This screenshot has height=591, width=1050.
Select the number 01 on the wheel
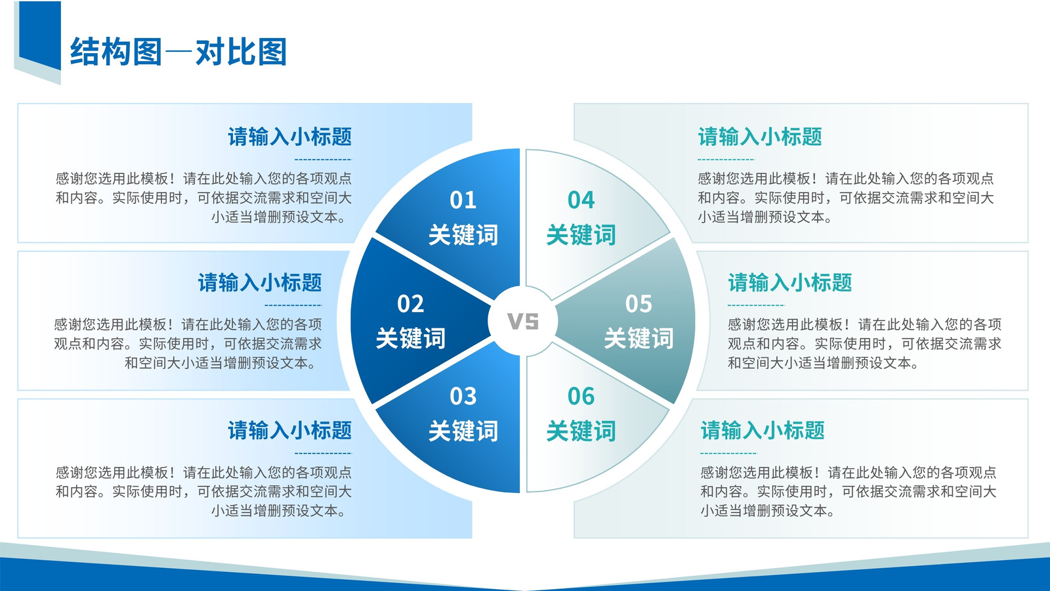(x=463, y=200)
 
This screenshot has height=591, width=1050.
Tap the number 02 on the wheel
(x=410, y=304)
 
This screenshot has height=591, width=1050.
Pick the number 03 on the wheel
(x=463, y=397)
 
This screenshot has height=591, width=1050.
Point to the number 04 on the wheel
(x=581, y=200)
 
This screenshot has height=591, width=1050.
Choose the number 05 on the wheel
(x=639, y=304)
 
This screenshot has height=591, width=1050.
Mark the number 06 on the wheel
(x=581, y=397)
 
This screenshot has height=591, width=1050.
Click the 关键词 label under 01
(x=463, y=234)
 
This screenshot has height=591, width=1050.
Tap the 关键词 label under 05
(x=639, y=338)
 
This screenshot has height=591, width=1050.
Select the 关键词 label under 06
(x=581, y=431)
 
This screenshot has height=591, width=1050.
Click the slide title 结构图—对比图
(x=178, y=52)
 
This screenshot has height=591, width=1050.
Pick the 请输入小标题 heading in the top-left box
(x=289, y=137)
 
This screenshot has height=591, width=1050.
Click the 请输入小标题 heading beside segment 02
(x=260, y=283)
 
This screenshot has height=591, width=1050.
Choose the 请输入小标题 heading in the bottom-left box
(x=289, y=430)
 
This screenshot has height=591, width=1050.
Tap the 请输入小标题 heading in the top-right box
(x=760, y=137)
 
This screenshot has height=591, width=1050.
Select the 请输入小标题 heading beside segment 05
(x=790, y=283)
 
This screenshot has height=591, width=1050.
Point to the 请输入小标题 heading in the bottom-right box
(x=763, y=430)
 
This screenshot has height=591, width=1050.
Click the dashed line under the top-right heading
(x=726, y=160)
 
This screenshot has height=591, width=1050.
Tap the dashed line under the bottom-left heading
(x=323, y=453)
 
